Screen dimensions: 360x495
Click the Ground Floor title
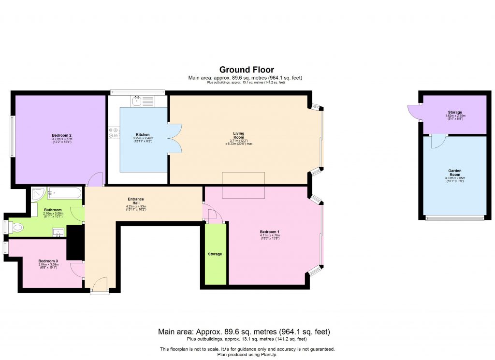247,70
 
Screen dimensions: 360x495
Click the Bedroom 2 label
62,135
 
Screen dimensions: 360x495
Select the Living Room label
239,136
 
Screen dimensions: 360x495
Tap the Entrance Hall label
135,201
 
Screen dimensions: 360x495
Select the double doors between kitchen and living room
175,139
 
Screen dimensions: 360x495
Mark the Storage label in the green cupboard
215,254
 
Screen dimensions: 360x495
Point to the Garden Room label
454,173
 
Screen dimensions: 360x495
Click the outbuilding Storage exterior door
415,113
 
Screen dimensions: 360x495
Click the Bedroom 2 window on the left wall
12,136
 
